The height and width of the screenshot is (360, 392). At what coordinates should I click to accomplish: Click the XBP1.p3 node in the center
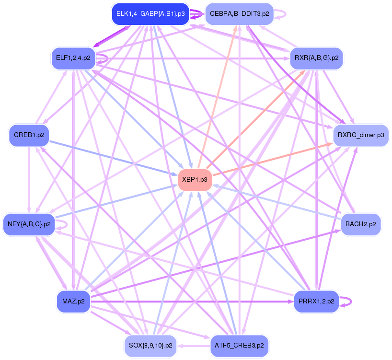(x=195, y=180)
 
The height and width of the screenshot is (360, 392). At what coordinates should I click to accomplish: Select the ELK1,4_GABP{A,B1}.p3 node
(x=150, y=13)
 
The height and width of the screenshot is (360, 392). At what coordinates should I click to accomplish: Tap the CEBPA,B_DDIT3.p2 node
(x=239, y=13)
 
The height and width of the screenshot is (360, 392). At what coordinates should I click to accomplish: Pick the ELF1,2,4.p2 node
(x=73, y=58)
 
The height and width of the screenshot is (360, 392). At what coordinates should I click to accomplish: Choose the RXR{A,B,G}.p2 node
(x=316, y=58)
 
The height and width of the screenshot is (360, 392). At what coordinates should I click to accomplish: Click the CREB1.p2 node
(x=29, y=135)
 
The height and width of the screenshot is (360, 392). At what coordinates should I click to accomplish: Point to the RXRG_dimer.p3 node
(x=360, y=135)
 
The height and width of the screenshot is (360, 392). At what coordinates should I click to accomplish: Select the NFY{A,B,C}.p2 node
(x=29, y=224)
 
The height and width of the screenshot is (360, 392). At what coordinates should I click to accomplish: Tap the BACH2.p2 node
(x=360, y=224)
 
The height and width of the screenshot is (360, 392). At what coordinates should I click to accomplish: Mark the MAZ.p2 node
(x=73, y=301)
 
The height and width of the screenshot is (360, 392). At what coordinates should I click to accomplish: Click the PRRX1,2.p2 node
(x=316, y=301)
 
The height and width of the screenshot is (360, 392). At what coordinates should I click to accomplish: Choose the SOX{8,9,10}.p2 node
(x=151, y=345)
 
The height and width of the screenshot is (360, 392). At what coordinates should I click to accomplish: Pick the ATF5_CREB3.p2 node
(x=239, y=345)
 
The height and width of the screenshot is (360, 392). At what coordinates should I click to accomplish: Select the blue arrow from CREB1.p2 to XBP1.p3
(x=115, y=158)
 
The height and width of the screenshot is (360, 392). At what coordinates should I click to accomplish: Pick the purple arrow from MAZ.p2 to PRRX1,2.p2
(x=192, y=302)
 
